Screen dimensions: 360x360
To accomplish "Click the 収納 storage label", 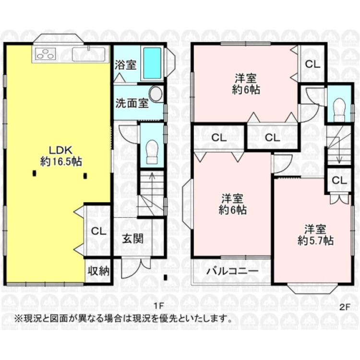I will (98, 271).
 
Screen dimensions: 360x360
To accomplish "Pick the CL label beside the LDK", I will (98, 231).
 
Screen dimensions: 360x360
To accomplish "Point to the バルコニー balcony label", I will (233, 271).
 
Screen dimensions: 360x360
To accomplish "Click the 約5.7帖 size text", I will (315, 240).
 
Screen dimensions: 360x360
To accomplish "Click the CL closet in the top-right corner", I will (312, 63).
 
